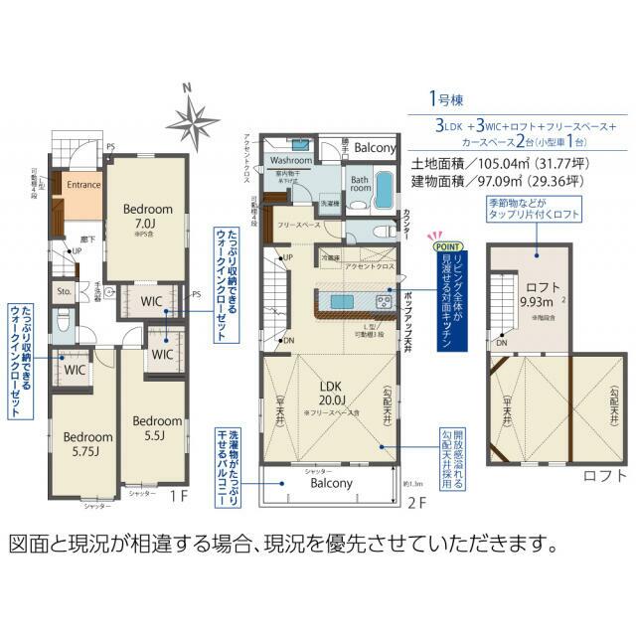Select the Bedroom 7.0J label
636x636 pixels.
[148, 216]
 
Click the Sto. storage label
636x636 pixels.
[64, 292]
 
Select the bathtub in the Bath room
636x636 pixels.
[383, 198]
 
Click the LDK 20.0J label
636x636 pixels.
[331, 392]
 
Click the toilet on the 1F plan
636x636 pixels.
[63, 321]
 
